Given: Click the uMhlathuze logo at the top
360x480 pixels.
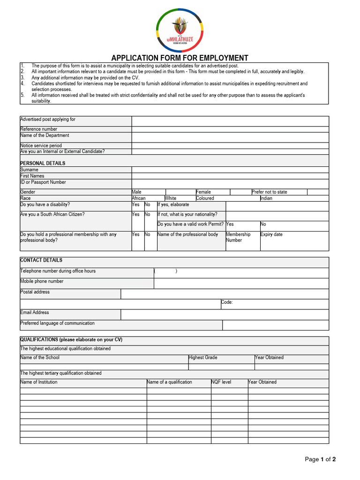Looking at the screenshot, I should pyautogui.click(x=180, y=31).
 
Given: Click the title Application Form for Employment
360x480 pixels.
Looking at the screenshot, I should pyautogui.click(x=180, y=58).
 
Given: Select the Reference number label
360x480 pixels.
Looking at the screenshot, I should pyautogui.click(x=38, y=129).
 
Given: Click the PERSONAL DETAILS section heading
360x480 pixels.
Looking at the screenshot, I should pyautogui.click(x=43, y=163).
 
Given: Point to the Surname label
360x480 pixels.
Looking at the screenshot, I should pyautogui.click(x=29, y=170).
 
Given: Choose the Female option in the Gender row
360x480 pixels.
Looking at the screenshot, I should pyautogui.click(x=203, y=192).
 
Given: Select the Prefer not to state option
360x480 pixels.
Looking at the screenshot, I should pyautogui.click(x=270, y=192).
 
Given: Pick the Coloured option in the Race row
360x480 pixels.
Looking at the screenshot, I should pyautogui.click(x=205, y=198).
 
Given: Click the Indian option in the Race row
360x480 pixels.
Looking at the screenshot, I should pyautogui.click(x=266, y=198).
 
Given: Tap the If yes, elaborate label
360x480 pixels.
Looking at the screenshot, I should pyautogui.click(x=173, y=205).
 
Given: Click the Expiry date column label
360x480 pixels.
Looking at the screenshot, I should pyautogui.click(x=271, y=234).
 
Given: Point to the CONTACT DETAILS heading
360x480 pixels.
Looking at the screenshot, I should pyautogui.click(x=41, y=260).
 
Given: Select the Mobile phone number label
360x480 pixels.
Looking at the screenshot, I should pyautogui.click(x=42, y=281).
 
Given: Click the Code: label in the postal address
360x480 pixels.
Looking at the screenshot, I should pyautogui.click(x=227, y=302).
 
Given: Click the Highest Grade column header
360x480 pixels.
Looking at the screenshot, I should pyautogui.click(x=203, y=358).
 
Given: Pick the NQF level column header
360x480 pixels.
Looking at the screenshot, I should pyautogui.click(x=221, y=382).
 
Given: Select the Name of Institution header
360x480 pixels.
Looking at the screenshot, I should pyautogui.click(x=39, y=382).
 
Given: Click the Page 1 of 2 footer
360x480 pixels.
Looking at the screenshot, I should pyautogui.click(x=320, y=459).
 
